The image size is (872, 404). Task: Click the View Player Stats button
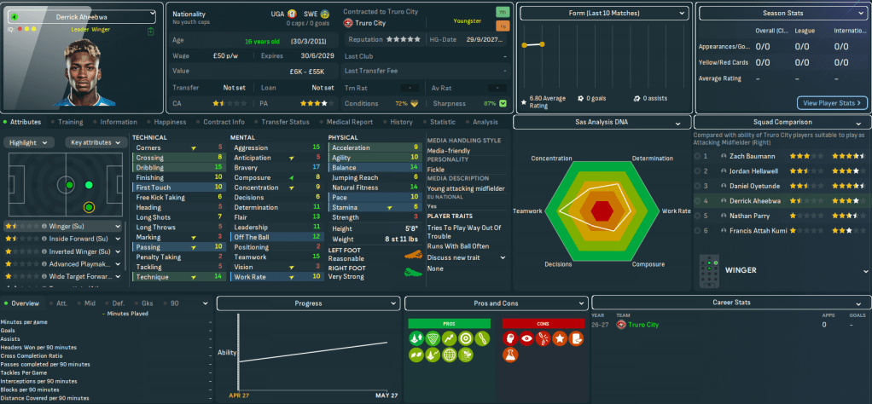click(x=832, y=103)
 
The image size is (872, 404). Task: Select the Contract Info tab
click(x=224, y=122)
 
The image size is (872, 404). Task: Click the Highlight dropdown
click(x=28, y=142)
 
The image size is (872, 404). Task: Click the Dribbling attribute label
click(x=150, y=167)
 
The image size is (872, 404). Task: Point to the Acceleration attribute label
click(x=351, y=147)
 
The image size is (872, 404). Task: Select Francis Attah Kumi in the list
click(x=757, y=230)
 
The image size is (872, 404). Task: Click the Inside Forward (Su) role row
click(x=68, y=239)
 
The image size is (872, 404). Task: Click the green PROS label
click(x=449, y=324)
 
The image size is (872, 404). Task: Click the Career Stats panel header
click(x=731, y=303)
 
